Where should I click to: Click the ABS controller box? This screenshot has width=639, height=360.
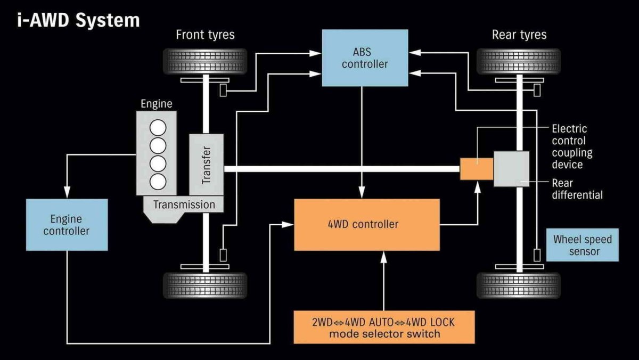point(365,58)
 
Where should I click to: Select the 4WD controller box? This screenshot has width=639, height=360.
point(367,224)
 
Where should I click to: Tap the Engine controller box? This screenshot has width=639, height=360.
point(67,225)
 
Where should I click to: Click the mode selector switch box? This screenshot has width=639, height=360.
point(384,327)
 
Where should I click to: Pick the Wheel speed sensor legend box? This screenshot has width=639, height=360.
point(583,245)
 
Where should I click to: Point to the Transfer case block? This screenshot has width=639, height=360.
point(206,164)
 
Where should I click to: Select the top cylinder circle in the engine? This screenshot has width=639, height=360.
point(158,128)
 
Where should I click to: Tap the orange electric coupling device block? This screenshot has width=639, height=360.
point(476,168)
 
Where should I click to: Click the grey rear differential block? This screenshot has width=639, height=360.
point(511,168)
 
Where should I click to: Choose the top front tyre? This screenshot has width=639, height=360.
point(205,61)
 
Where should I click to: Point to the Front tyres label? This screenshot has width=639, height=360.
point(205,35)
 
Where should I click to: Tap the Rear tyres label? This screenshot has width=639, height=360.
point(519,35)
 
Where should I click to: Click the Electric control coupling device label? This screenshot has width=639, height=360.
point(572,146)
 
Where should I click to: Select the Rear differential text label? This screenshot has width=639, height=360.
point(577,189)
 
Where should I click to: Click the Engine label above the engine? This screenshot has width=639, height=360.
point(157,103)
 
